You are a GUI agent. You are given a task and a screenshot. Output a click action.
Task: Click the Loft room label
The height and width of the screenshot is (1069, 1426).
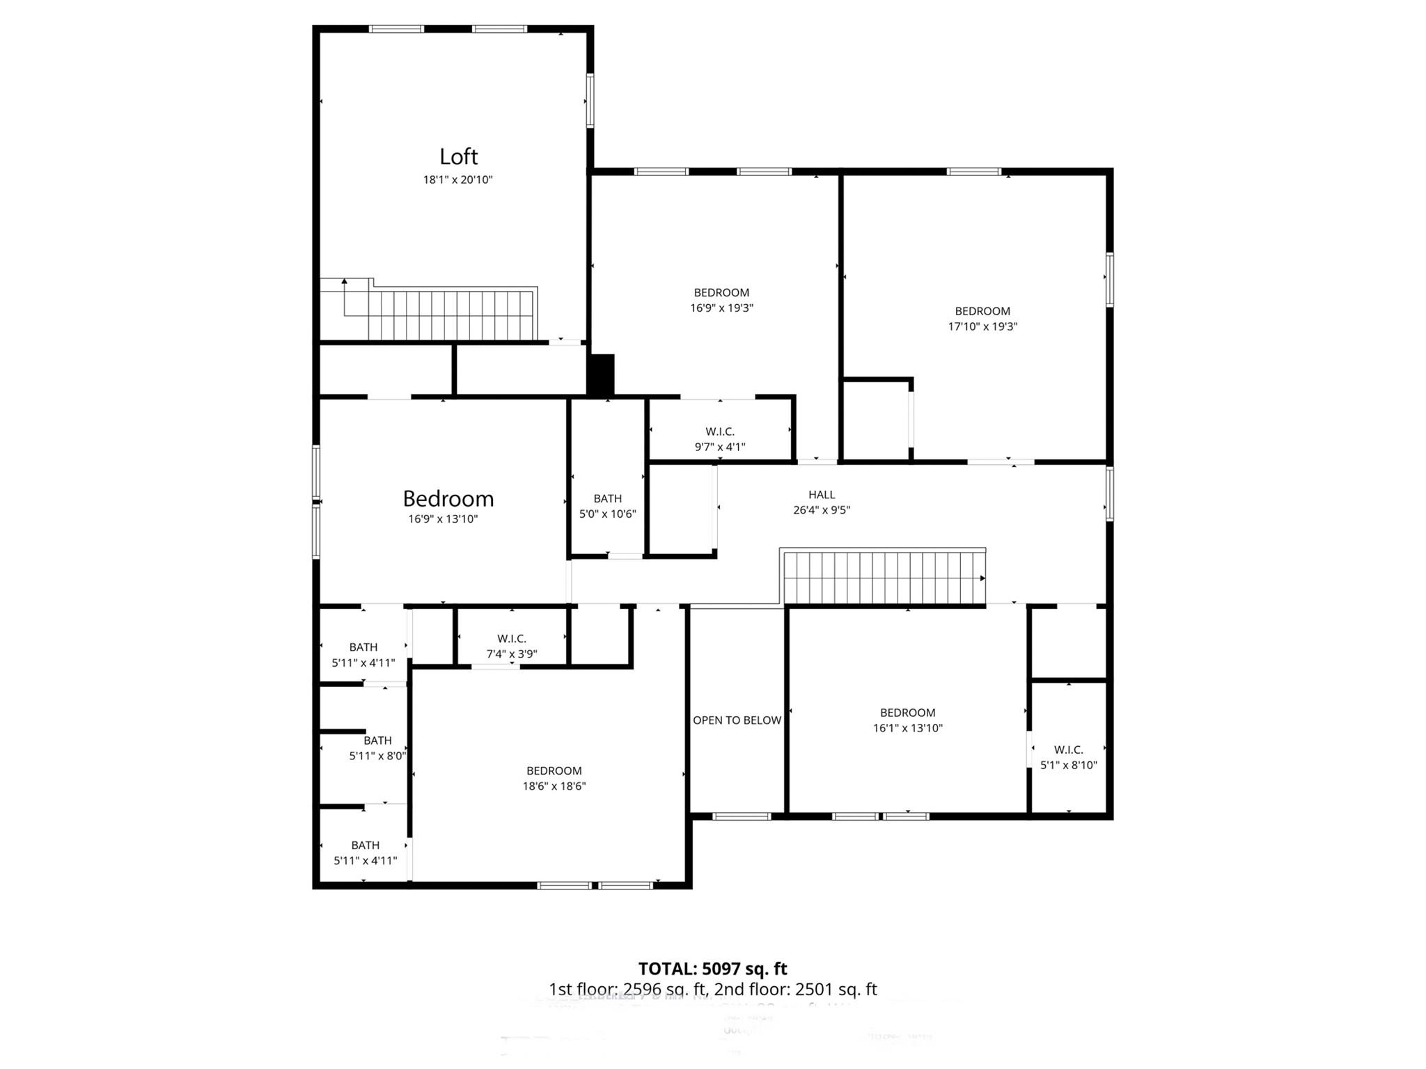click(x=458, y=157)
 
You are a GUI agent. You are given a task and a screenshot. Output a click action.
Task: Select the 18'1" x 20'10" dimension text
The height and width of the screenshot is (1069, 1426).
click(x=457, y=180)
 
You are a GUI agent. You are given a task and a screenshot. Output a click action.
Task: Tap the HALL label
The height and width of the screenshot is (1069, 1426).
click(x=822, y=495)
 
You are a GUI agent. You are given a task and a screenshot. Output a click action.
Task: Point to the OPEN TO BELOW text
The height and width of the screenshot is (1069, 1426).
click(x=737, y=720)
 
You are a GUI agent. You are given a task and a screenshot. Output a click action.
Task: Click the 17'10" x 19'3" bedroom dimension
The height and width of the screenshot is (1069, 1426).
click(x=982, y=326)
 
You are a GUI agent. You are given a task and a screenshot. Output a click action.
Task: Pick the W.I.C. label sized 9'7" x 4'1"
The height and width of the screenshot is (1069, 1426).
click(x=720, y=432)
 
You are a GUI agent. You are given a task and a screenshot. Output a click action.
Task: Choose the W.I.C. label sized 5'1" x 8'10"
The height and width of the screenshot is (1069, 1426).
click(x=1068, y=750)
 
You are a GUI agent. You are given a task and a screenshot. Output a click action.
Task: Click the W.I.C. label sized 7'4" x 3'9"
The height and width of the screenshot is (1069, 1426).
click(x=512, y=639)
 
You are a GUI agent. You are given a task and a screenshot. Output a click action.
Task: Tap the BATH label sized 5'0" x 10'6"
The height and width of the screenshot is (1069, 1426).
click(x=607, y=498)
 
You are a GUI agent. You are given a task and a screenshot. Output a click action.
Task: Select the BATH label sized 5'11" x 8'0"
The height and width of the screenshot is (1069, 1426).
click(x=377, y=741)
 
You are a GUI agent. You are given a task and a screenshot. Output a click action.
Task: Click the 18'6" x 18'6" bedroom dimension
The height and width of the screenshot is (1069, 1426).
click(x=554, y=786)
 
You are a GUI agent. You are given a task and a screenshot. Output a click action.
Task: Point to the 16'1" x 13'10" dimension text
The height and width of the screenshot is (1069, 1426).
click(x=907, y=728)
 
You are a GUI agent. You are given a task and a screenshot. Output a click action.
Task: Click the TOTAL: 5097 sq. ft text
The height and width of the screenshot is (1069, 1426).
click(x=712, y=969)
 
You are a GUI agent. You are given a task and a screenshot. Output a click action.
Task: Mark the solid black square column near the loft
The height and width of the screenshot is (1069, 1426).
click(x=602, y=375)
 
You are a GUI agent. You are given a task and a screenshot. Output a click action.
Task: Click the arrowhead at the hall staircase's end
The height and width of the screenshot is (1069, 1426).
click(x=982, y=578)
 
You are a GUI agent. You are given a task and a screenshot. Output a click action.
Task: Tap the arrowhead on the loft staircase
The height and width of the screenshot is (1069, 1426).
click(x=344, y=282)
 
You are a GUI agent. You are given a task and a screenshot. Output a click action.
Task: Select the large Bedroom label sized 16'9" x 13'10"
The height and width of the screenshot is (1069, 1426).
click(x=448, y=499)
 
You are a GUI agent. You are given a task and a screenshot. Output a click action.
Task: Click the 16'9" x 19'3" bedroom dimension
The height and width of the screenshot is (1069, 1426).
click(x=721, y=308)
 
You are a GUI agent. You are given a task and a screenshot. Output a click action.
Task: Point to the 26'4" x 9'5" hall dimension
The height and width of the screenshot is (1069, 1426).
click(x=822, y=510)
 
